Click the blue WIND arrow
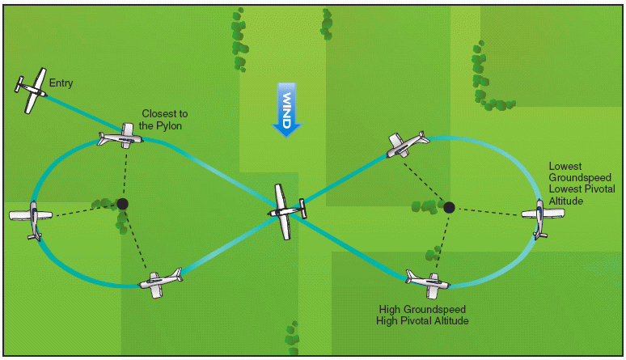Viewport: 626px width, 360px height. pyautogui.click(x=287, y=108)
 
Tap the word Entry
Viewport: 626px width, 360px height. pyautogui.click(x=61, y=83)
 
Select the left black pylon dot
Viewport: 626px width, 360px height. pyautogui.click(x=122, y=204)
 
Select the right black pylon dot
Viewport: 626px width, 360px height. pyautogui.click(x=449, y=207)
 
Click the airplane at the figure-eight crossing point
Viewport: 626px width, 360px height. pyautogui.click(x=286, y=211)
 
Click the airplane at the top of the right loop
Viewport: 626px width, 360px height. pyautogui.click(x=407, y=143)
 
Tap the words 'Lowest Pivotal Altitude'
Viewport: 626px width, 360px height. pyautogui.click(x=582, y=195)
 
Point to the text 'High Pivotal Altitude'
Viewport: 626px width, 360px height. pyautogui.click(x=422, y=321)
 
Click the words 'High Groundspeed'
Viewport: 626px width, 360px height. pyautogui.click(x=422, y=309)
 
